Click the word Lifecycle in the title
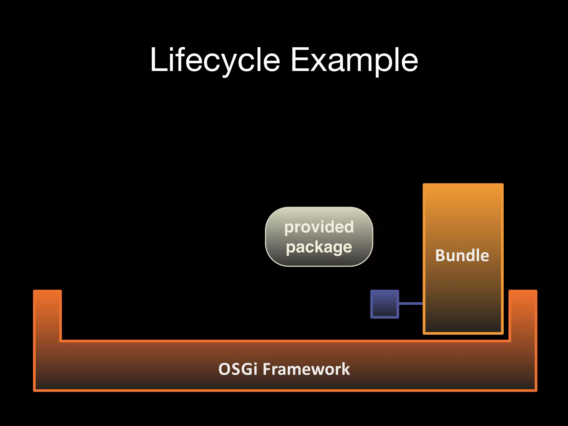215,60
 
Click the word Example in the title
354,60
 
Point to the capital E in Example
300,60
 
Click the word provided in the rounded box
319,227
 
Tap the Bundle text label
462,255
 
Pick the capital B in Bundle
441,255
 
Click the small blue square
385,304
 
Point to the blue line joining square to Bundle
411,303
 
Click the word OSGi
238,369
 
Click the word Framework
306,369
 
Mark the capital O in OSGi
224,369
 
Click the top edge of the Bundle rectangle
463,184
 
